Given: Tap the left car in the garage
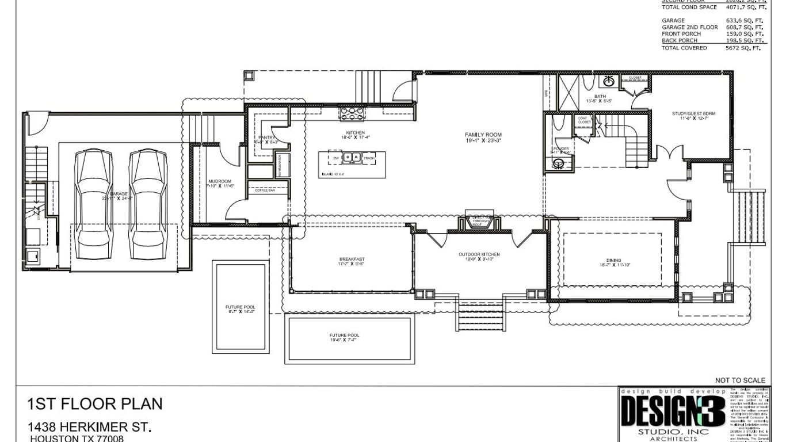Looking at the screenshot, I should click(94, 196).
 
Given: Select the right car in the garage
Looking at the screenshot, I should click(148, 196).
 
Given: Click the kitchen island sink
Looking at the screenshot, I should click(352, 157).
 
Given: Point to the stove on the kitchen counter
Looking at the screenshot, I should click(352, 114).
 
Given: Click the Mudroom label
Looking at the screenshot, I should click(219, 184).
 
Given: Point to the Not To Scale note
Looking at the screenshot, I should click(740, 380).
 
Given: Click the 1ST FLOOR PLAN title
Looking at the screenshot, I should click(95, 404).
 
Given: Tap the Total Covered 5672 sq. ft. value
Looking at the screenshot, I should click(746, 48).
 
